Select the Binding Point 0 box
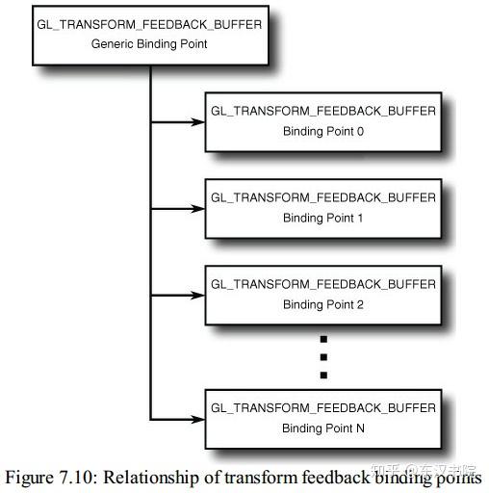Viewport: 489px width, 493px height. point(322,121)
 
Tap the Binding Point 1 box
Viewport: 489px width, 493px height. point(322,207)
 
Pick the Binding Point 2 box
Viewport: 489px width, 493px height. point(322,294)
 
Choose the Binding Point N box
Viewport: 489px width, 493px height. point(322,418)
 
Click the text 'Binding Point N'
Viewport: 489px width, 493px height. point(322,428)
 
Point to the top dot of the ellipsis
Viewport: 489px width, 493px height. point(323,339)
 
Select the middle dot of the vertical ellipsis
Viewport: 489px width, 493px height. point(323,356)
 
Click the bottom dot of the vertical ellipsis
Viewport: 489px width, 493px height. point(323,375)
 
